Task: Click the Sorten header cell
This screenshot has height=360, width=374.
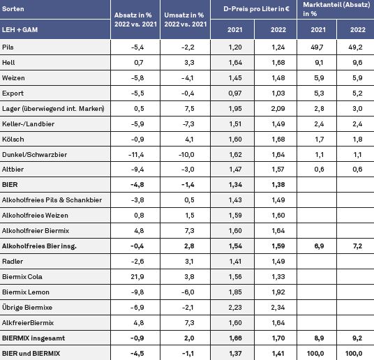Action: [13, 9]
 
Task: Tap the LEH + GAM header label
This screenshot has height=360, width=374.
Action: [20, 29]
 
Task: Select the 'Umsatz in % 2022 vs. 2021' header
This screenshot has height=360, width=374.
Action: [185, 20]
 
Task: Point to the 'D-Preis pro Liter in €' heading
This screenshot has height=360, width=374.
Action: [256, 9]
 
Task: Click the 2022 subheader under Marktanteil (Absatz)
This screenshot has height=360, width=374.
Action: [358, 29]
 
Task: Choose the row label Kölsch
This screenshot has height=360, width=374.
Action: [13, 139]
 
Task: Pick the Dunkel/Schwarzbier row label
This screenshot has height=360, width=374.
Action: [35, 154]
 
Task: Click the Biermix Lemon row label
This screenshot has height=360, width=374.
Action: [26, 292]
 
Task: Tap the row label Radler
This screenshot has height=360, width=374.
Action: [13, 261]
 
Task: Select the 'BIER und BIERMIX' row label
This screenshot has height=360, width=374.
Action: [31, 353]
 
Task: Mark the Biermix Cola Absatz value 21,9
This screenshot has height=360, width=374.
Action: [137, 277]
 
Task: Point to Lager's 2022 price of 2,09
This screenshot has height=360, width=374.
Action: [278, 109]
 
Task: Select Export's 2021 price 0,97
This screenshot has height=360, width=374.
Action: [235, 93]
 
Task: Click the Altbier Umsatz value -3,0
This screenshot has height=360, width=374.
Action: [188, 170]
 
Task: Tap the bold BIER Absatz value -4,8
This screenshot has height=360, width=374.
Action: [137, 185]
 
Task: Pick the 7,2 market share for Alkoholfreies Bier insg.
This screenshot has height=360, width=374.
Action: [357, 246]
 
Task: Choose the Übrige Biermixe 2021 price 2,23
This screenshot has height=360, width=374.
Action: [235, 307]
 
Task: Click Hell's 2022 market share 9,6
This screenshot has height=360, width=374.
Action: [357, 63]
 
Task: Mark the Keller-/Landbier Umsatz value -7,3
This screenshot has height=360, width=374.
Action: [188, 123]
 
